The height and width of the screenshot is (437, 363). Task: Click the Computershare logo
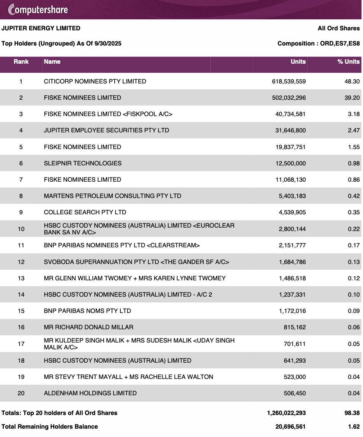[38, 9]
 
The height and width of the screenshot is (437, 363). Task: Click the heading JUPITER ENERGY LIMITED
[41, 28]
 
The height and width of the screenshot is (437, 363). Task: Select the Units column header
[298, 61]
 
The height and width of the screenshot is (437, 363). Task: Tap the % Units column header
[348, 61]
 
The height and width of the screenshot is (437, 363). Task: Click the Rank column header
[21, 61]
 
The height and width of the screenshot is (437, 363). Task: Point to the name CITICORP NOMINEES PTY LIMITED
[95, 81]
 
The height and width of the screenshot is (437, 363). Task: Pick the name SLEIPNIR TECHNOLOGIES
[83, 163]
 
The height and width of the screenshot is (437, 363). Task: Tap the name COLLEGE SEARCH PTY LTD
[85, 212]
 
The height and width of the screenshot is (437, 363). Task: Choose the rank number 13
[21, 278]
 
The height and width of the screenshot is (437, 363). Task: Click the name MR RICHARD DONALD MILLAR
[88, 327]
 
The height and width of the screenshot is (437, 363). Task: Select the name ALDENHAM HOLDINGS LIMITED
[90, 393]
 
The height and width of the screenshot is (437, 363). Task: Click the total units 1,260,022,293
[286, 413]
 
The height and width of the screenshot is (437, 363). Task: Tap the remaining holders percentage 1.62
[354, 426]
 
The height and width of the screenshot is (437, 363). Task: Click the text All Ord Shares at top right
[339, 28]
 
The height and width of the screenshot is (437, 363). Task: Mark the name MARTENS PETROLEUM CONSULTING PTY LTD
[112, 196]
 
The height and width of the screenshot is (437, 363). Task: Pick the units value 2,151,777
[292, 245]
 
